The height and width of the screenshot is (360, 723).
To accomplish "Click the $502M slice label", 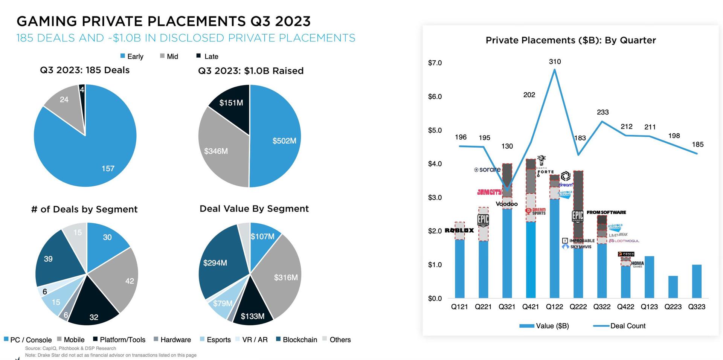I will (x=284, y=141).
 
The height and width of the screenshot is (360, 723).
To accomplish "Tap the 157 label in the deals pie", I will (x=108, y=169).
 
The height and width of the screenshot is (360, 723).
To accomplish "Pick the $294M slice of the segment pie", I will (x=215, y=263).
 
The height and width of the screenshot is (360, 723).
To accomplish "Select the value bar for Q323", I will (x=697, y=281).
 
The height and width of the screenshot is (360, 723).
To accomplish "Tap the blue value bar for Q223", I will (x=673, y=287).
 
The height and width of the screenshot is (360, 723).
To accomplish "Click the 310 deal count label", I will (x=555, y=61).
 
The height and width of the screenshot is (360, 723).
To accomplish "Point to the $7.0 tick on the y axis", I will (x=435, y=63).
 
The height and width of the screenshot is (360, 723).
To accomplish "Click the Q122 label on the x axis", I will (x=554, y=307).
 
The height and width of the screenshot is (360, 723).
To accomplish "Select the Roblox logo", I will (x=459, y=230).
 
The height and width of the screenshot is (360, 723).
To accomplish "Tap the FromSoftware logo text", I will (x=606, y=212).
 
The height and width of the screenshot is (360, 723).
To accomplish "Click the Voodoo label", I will (x=506, y=204).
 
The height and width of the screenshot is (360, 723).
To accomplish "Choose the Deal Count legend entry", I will (x=627, y=326).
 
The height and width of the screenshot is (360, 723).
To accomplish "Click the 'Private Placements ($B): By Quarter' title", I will (x=570, y=40).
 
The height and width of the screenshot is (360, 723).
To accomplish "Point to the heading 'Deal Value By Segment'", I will (x=254, y=209).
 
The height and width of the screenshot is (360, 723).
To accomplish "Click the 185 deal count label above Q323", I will (x=697, y=145).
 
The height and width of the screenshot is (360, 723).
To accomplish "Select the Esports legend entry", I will (x=218, y=340).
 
